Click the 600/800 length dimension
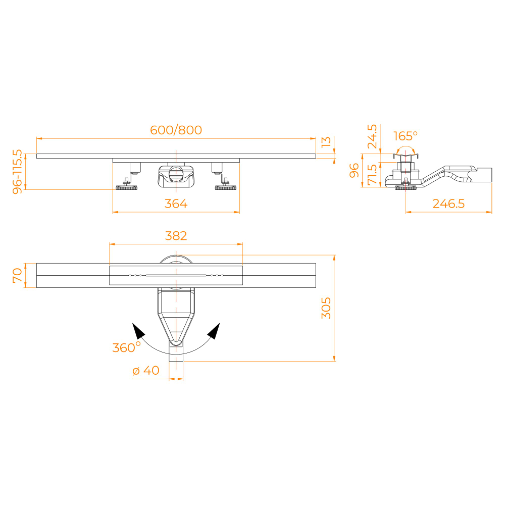coord(176,130)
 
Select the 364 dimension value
coord(176,204)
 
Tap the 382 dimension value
coord(176,236)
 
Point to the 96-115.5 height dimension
coord(18,172)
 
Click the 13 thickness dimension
coord(327,142)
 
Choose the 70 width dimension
coord(18,275)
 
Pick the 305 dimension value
coord(326,308)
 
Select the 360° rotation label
coord(126,347)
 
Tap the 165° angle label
coord(406,136)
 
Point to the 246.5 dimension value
coord(448,204)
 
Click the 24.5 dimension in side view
coord(372,136)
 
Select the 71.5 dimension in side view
coord(372,174)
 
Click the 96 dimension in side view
coord(355,171)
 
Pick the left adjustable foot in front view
coord(127,187)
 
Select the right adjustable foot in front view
coord(225,187)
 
